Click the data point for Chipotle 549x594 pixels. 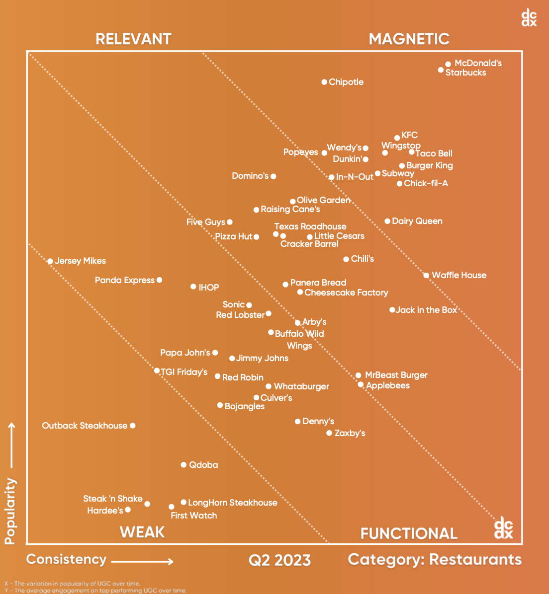point(324,82)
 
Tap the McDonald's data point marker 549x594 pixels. point(448,64)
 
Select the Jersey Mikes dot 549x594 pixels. point(50,261)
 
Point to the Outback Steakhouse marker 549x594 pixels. point(133,426)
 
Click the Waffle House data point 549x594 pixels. point(426,275)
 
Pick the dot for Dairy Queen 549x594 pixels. point(387,221)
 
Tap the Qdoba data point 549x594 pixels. point(183,465)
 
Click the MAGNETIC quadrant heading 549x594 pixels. point(409,39)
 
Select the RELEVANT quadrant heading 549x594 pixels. point(133,39)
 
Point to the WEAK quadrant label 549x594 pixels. point(142,532)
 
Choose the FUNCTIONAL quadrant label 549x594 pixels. point(409,533)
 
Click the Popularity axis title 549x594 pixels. point(10,511)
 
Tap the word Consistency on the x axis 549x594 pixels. point(66,559)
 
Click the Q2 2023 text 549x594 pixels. point(279,560)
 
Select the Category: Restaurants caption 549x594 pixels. point(435,559)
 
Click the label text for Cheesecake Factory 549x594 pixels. point(346,293)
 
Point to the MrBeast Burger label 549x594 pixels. point(396,375)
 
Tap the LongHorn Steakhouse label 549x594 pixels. point(233,503)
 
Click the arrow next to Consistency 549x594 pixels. point(142,562)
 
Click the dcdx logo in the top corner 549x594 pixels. point(529,17)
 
